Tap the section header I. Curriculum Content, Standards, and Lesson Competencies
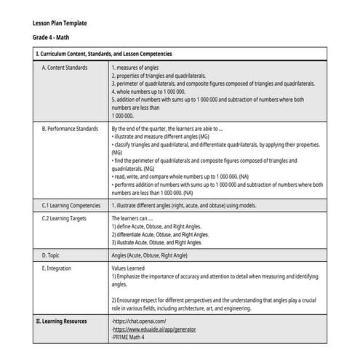pos(104,54)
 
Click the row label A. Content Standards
pos(65,68)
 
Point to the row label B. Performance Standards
pos(70,128)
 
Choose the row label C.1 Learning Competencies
pos(71,206)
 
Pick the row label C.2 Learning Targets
pos(65,217)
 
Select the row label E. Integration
pos(59,268)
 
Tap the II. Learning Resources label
pos(61,320)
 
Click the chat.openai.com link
pos(140,321)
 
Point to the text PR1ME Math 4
pos(129,337)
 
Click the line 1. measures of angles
pos(139,68)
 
